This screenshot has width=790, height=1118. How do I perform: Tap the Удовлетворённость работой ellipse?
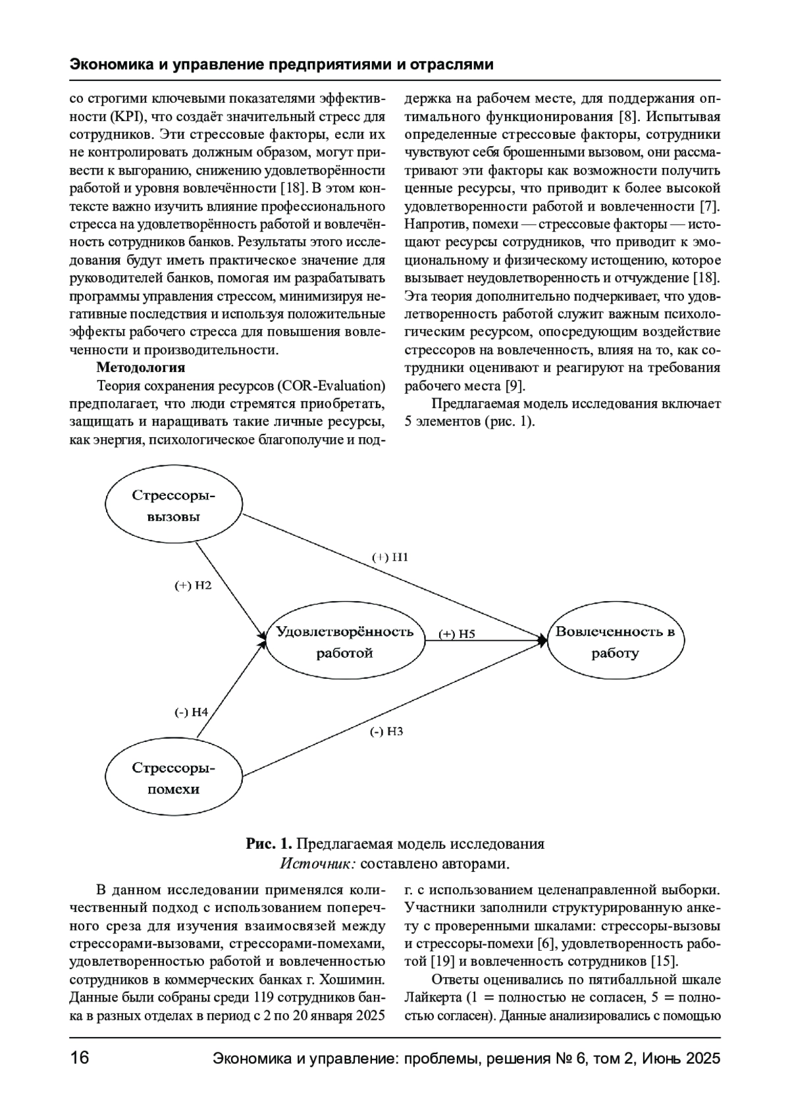click(344, 643)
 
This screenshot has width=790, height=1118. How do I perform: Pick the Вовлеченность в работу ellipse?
click(615, 643)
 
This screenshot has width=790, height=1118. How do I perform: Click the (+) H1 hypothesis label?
click(390, 557)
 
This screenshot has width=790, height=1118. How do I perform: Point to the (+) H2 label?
click(193, 585)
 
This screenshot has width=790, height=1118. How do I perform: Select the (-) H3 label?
click(386, 732)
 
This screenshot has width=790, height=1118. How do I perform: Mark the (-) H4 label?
click(191, 712)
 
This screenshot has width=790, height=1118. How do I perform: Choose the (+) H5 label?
click(457, 634)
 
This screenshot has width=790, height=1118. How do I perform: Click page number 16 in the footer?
click(79, 1059)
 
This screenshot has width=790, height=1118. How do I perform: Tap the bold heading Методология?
click(140, 367)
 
